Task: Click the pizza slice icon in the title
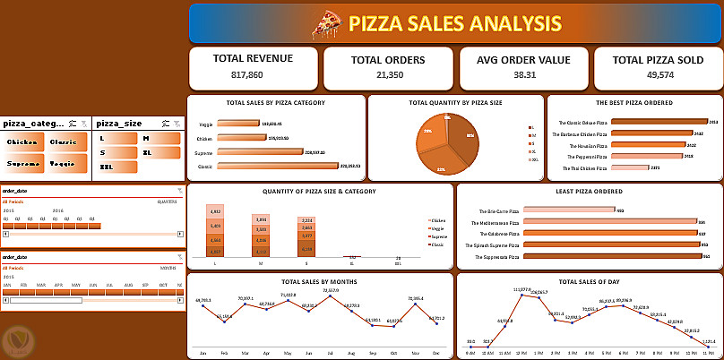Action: point(325,24)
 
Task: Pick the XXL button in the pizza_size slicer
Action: point(108,167)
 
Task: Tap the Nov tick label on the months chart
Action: point(416,352)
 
